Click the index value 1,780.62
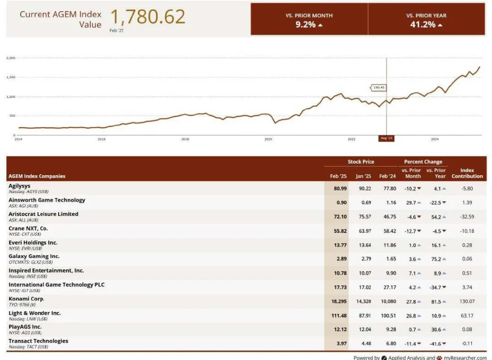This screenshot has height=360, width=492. pos(148,17)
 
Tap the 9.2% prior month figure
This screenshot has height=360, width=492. pos(306,24)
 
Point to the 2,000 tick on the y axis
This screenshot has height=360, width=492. pos(11,58)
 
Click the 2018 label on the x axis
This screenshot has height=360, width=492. pos(185,139)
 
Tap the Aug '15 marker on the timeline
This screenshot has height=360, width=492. pos(386,138)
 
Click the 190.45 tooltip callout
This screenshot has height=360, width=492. pos(379,88)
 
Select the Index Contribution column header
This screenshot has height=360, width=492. pos(467,173)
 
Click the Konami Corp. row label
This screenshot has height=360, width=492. pos(26,299)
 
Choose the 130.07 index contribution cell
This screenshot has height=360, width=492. pos(467,301)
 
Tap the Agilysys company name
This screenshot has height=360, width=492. pos(21,185)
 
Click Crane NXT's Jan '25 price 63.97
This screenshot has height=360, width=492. pos(363,231)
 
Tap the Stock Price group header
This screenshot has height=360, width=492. pos(361,162)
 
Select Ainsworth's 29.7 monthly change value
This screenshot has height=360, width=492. pos(411,203)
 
